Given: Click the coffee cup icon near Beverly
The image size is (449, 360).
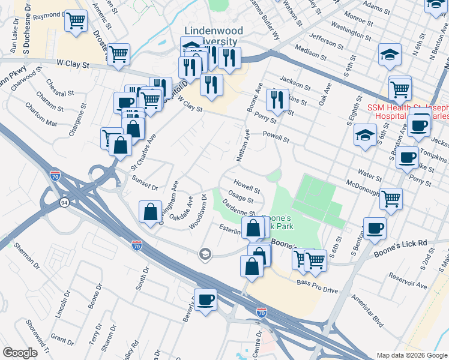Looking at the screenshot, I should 205,299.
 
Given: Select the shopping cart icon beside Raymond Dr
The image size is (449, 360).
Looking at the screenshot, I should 76,21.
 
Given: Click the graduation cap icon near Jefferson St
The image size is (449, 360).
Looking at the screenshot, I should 390,55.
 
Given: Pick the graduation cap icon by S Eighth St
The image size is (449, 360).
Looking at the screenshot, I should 364,134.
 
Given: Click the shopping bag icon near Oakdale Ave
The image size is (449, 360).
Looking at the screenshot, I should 149,212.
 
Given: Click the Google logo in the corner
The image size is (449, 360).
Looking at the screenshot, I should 20,352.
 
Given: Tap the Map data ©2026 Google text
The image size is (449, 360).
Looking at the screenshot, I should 411,355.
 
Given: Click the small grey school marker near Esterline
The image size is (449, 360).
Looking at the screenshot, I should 205,254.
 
